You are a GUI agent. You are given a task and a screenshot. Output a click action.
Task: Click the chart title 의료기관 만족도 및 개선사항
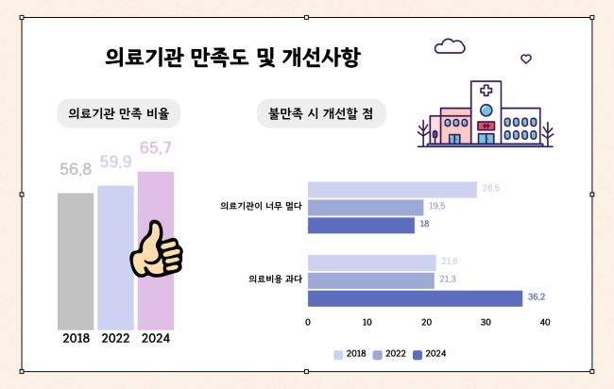[232, 58]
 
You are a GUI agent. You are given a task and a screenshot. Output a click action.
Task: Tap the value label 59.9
[115, 161]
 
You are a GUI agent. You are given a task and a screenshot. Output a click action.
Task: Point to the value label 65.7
[155, 147]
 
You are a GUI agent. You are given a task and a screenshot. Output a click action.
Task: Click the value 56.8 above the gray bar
[76, 170]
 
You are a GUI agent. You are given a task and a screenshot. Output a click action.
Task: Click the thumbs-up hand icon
[156, 250]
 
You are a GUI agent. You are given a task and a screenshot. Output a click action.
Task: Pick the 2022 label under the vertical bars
[115, 338]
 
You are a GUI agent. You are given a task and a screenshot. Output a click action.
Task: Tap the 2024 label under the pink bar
[156, 338]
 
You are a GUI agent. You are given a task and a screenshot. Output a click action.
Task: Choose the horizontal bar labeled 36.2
[415, 298]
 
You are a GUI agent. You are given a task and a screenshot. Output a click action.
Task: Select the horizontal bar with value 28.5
[392, 190]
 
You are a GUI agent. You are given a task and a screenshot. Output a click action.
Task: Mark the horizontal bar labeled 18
[361, 226]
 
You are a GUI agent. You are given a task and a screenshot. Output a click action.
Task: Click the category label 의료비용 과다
[275, 279]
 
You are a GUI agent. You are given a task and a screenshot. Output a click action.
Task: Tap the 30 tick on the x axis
[486, 323]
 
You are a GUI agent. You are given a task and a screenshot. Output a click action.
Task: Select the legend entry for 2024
[431, 354]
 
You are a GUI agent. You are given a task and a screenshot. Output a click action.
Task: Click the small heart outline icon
[526, 59]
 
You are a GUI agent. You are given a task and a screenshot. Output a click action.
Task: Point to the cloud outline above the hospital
[450, 46]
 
